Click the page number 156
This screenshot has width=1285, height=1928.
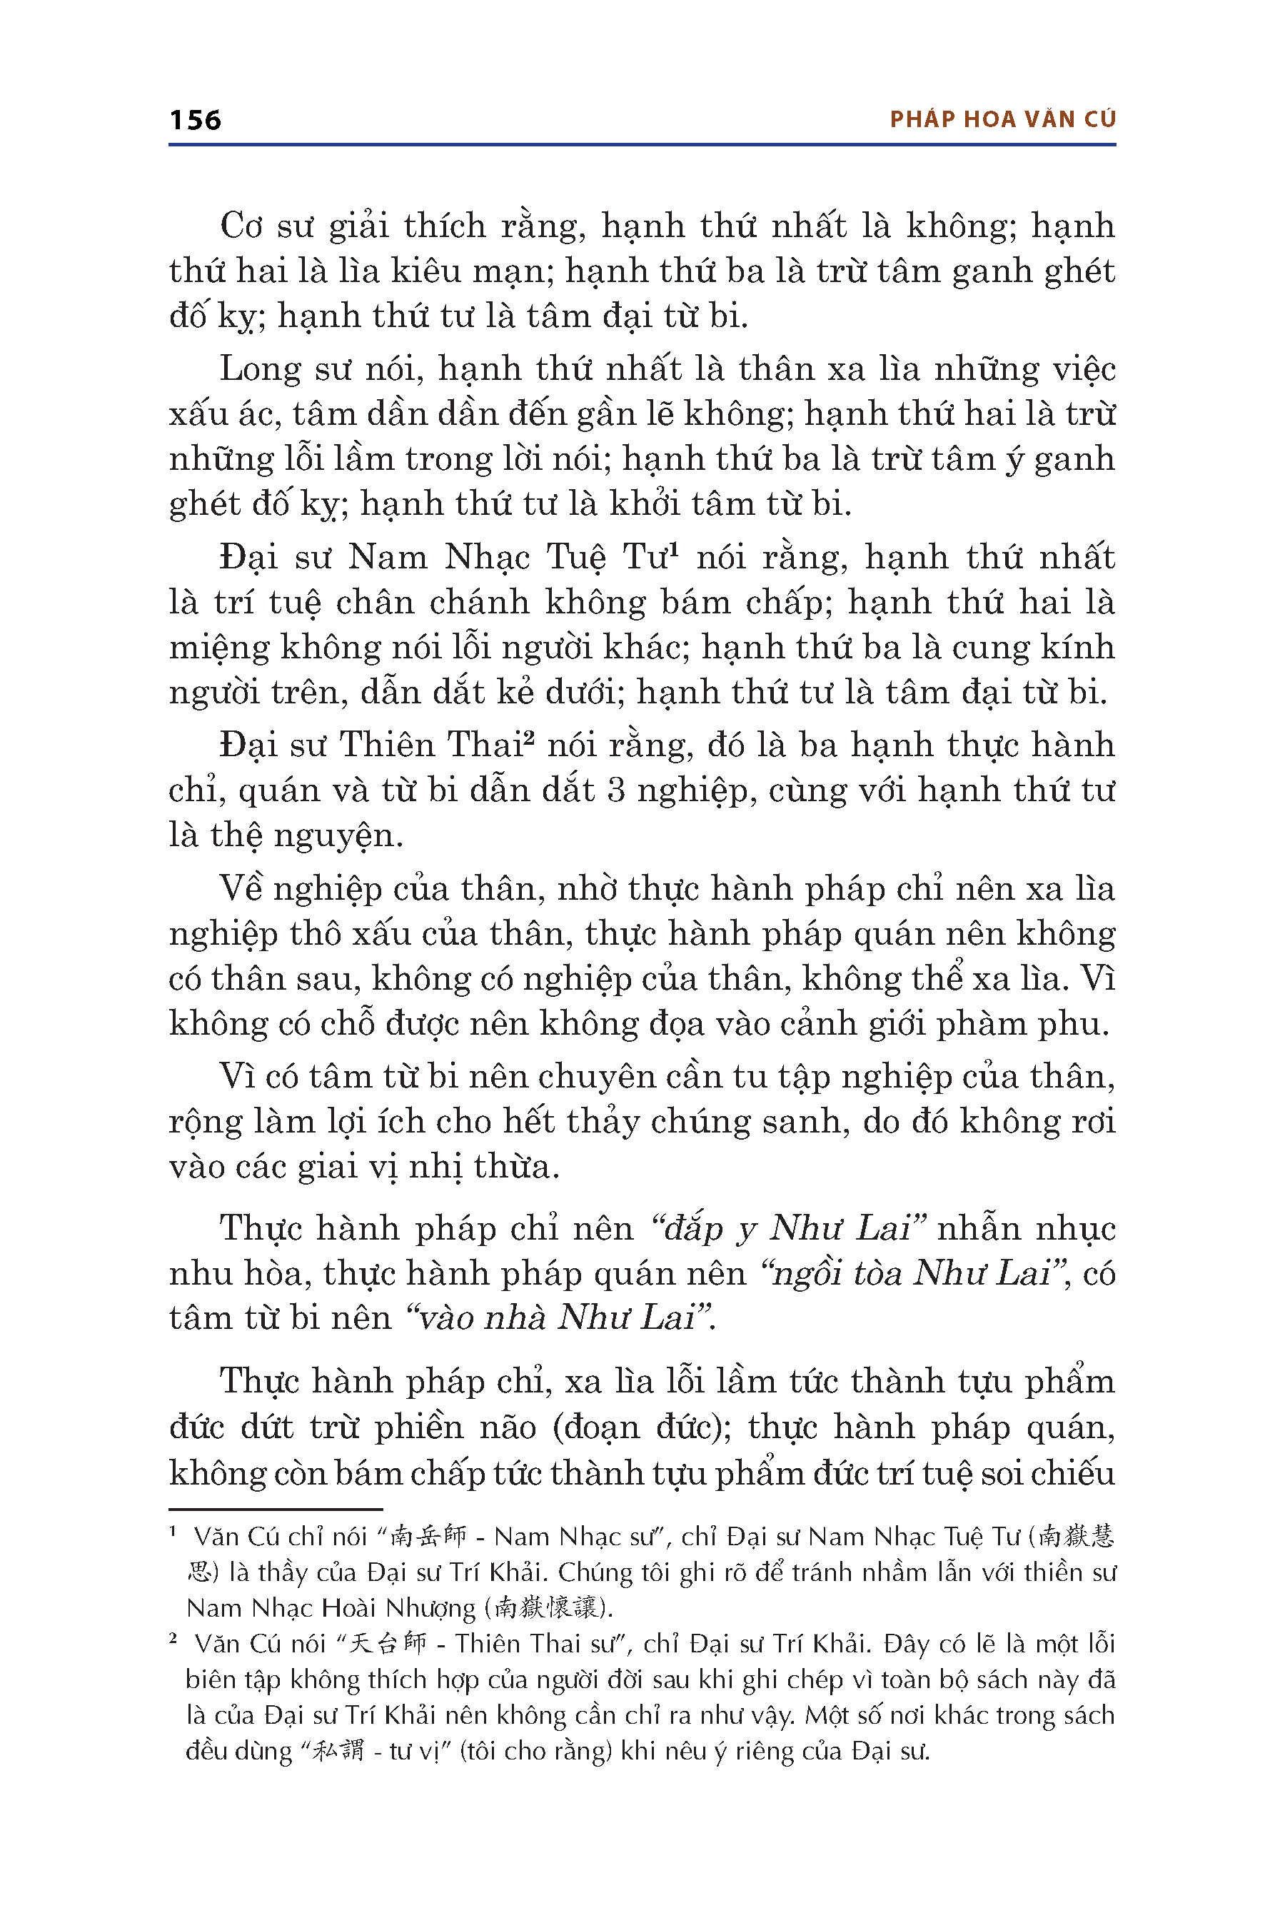[195, 121]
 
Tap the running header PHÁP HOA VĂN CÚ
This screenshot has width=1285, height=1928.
[1002, 120]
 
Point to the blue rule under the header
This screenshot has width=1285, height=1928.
[642, 145]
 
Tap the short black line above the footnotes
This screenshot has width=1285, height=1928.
[276, 1509]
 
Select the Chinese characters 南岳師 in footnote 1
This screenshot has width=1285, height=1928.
[428, 1536]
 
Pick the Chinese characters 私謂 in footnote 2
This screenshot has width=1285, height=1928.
[339, 1751]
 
